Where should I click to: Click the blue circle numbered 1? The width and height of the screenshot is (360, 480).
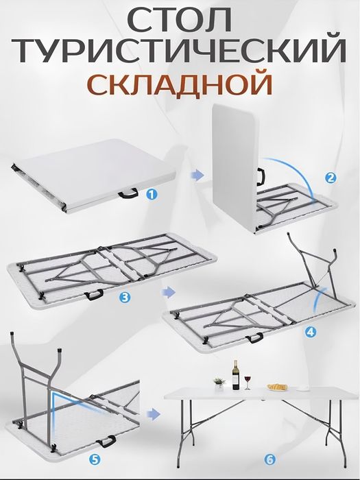point(152,194)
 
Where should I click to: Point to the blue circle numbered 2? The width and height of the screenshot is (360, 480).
point(331,178)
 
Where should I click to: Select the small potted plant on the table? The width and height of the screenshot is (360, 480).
point(219,381)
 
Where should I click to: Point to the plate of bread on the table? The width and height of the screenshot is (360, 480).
point(277,387)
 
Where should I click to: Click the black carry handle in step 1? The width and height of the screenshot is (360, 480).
point(128,195)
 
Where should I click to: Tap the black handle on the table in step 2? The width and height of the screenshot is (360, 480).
point(261,176)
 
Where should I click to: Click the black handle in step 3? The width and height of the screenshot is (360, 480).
point(94,294)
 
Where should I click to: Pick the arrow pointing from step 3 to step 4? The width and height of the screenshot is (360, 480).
point(166,291)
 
